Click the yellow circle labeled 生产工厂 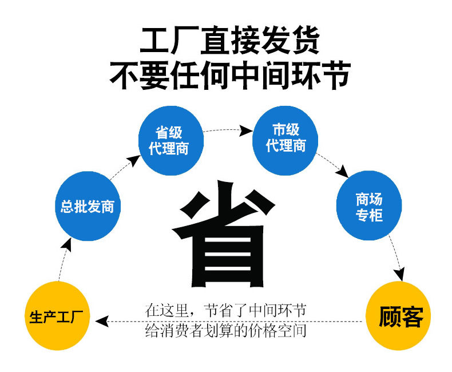point(58,315)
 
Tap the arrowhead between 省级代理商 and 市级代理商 point(246,131)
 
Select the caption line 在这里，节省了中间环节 point(225,311)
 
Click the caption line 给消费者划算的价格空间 point(225,331)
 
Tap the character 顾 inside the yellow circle point(389,316)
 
